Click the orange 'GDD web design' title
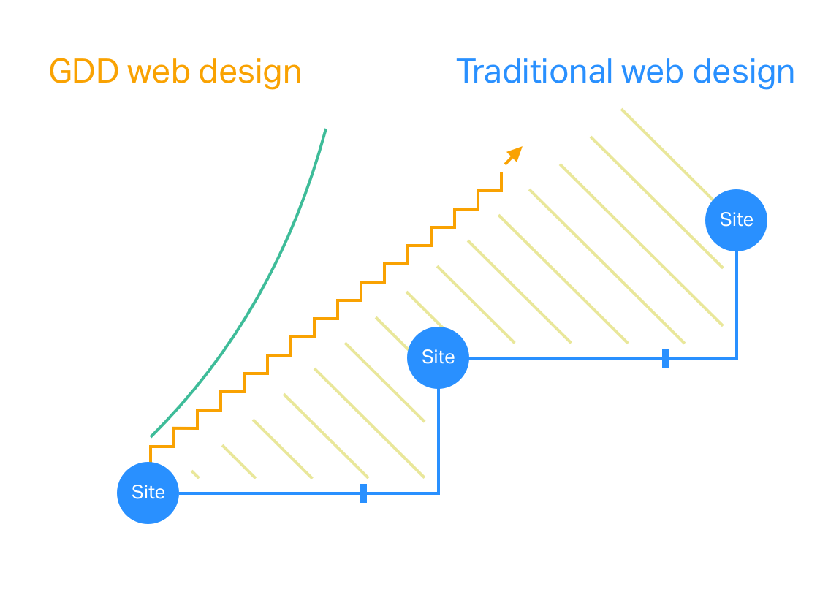point(175,72)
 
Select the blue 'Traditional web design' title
point(625,72)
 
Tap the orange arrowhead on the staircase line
point(515,153)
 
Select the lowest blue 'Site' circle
point(148,493)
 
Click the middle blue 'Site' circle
point(438,357)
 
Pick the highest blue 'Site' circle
point(736,220)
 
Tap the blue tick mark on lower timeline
point(363,493)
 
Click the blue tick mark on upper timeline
point(665,358)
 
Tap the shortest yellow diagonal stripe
point(195,474)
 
